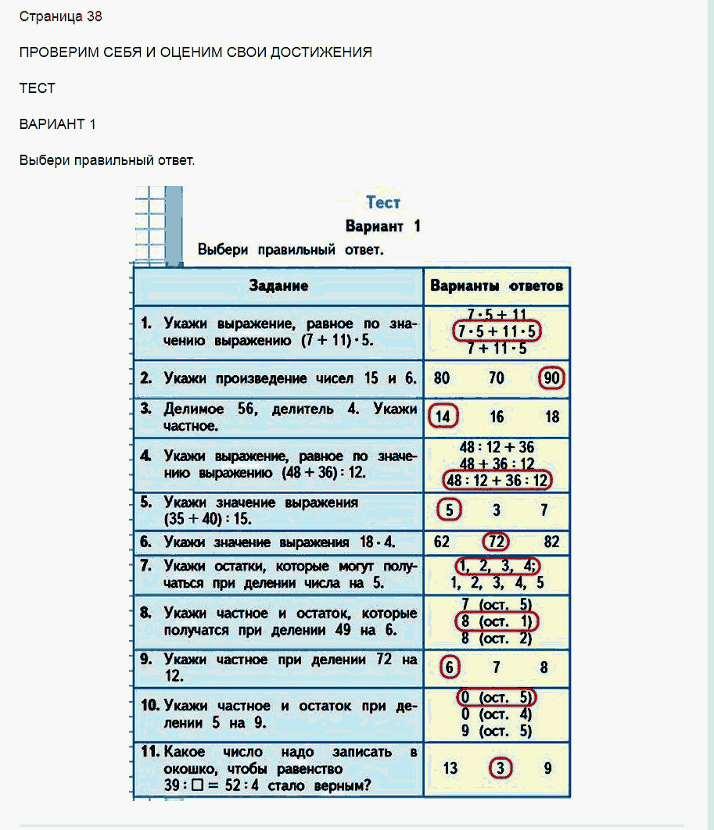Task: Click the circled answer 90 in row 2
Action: (551, 378)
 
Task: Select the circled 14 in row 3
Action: (443, 417)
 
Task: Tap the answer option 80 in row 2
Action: (442, 378)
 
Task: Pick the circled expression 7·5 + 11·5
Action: (497, 331)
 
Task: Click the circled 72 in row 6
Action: (496, 542)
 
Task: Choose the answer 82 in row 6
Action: (551, 542)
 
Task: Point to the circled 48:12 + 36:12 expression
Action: (497, 480)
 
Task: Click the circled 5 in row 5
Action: (449, 510)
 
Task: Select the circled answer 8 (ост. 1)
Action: (497, 621)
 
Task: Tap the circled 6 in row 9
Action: (449, 667)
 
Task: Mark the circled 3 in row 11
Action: (500, 767)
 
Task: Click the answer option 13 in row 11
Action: (450, 768)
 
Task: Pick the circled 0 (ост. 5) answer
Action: (497, 697)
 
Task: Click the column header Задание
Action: (278, 286)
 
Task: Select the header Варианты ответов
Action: (497, 286)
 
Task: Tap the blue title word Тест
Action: (383, 202)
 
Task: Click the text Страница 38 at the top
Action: (61, 16)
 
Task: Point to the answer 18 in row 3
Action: (552, 417)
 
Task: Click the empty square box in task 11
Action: (197, 785)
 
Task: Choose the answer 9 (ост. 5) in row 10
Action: (497, 731)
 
